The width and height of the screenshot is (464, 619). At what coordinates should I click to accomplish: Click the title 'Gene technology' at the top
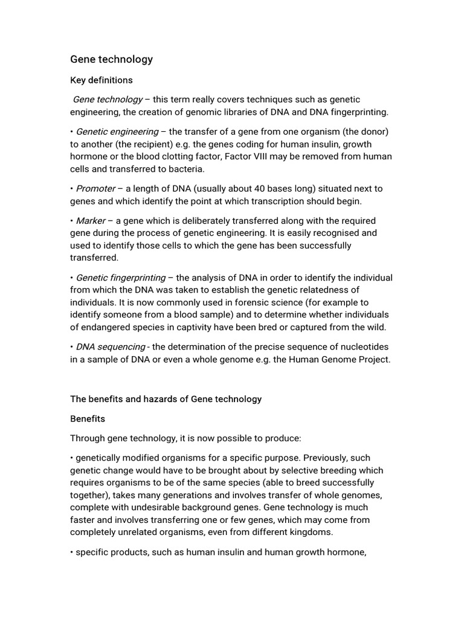click(111, 59)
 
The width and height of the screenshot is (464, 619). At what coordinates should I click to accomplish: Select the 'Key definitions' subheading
click(101, 80)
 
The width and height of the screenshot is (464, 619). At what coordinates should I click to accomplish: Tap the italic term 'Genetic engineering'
click(117, 131)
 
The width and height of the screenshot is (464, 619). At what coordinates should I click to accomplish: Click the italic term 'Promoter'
click(95, 189)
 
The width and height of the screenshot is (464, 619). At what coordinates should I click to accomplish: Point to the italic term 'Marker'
click(91, 221)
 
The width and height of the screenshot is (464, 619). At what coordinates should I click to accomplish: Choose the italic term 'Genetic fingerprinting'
click(121, 277)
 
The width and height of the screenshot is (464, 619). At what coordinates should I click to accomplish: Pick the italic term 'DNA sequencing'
click(111, 346)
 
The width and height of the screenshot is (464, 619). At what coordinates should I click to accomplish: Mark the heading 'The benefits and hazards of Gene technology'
click(166, 399)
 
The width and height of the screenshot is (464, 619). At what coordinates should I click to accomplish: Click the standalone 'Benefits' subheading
click(88, 418)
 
